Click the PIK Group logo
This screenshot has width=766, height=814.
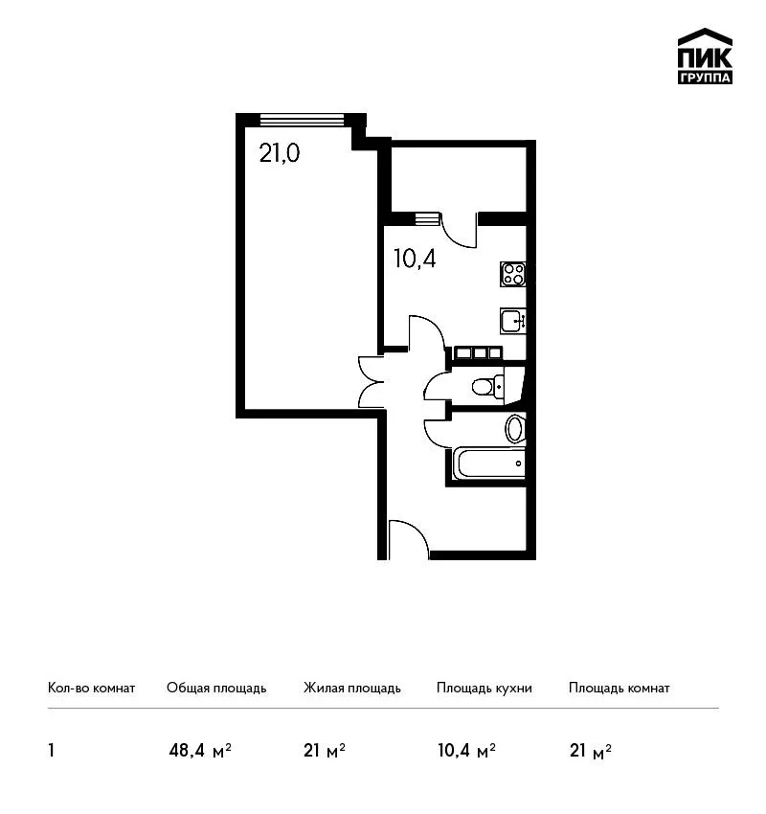(705, 57)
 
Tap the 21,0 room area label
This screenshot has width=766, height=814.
(280, 153)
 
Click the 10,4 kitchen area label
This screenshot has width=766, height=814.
(415, 259)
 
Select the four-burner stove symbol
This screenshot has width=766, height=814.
(513, 274)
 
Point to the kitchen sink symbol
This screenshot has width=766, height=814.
(513, 321)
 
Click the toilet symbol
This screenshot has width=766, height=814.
(487, 386)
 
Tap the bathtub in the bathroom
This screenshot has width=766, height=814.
(489, 464)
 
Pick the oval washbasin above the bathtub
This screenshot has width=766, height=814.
(515, 429)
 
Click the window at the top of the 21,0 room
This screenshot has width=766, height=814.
(302, 120)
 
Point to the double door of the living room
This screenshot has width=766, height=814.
(372, 381)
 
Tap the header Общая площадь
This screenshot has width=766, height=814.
(216, 688)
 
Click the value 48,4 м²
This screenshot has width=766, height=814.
(200, 751)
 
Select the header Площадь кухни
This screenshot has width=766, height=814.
(484, 688)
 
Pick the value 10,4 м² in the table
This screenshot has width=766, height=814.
(466, 751)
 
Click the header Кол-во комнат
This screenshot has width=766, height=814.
(91, 688)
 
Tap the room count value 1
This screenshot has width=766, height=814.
(51, 751)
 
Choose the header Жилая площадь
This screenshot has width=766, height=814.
(352, 688)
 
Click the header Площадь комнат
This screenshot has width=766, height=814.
(620, 688)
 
